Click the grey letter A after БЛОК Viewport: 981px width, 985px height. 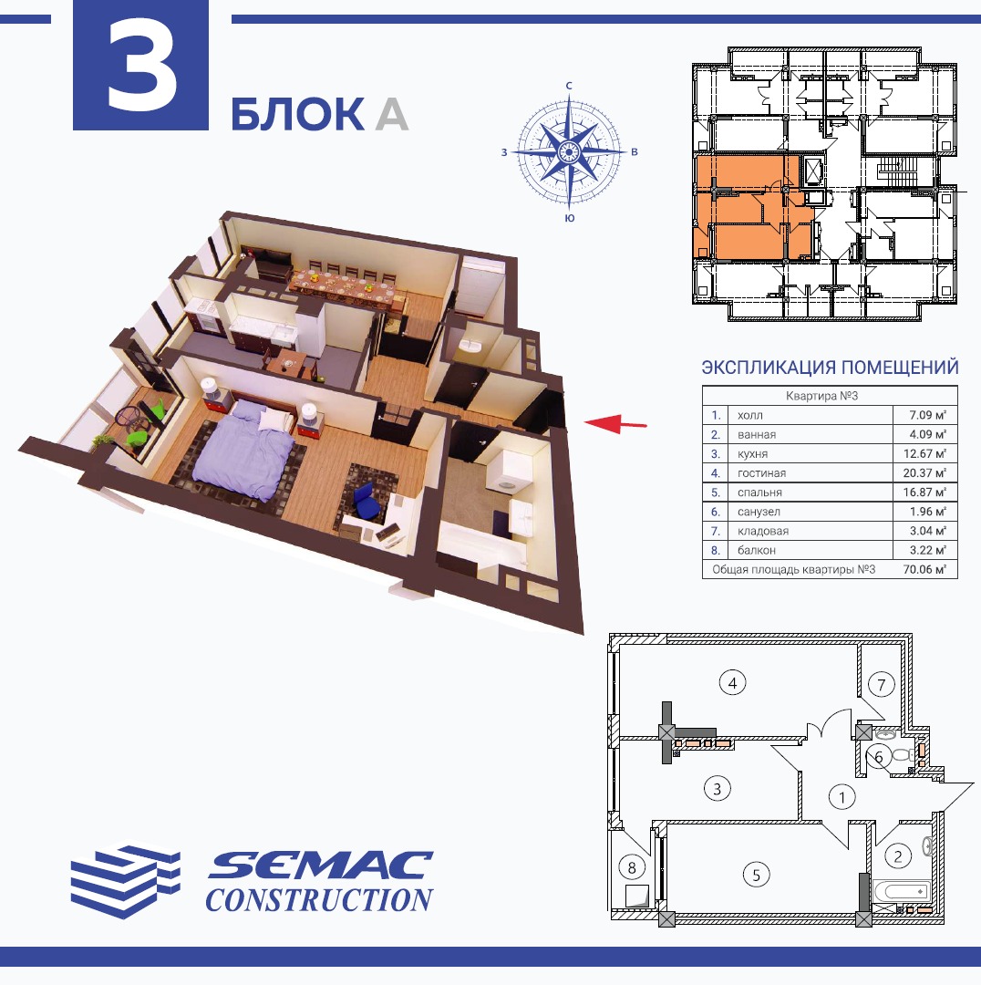click(x=392, y=114)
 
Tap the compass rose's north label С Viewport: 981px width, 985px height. click(x=569, y=86)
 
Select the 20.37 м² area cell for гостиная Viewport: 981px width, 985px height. click(x=924, y=473)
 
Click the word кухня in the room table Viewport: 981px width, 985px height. click(x=752, y=454)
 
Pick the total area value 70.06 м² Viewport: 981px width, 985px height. click(x=924, y=570)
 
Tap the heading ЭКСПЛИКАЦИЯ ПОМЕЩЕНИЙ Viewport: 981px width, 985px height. click(x=830, y=367)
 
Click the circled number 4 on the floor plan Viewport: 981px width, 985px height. click(x=732, y=682)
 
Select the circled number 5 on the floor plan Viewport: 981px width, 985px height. click(x=756, y=875)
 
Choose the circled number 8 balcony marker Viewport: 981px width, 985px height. click(x=632, y=867)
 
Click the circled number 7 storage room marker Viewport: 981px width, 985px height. click(x=881, y=684)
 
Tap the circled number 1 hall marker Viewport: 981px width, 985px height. click(x=842, y=798)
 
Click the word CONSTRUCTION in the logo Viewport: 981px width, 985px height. click(x=319, y=899)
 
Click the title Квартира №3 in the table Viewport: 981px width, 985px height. click(x=821, y=396)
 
